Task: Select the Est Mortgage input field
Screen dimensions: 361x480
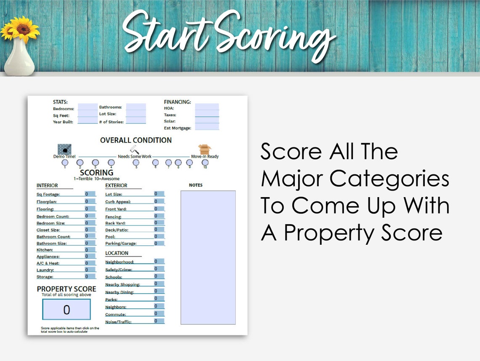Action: [207, 127]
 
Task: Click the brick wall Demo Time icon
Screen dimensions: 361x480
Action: [64, 149]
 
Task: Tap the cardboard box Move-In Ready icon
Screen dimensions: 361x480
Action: [205, 149]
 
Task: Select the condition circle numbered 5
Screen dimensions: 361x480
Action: [136, 162]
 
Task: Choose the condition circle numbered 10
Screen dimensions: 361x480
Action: [205, 162]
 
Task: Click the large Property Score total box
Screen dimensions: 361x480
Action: [67, 310]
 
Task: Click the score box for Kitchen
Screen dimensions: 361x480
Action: [90, 249]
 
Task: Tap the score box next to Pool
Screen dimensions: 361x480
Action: [159, 236]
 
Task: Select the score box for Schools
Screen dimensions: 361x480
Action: [159, 276]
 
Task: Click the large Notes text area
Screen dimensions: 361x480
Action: [208, 257]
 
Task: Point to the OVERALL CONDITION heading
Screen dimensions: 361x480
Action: [136, 140]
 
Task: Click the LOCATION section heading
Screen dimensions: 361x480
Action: [117, 253]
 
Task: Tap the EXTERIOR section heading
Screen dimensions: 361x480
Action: [116, 185]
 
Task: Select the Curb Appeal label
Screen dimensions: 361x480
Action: [118, 202]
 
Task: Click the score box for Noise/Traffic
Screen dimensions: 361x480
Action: [159, 321]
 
